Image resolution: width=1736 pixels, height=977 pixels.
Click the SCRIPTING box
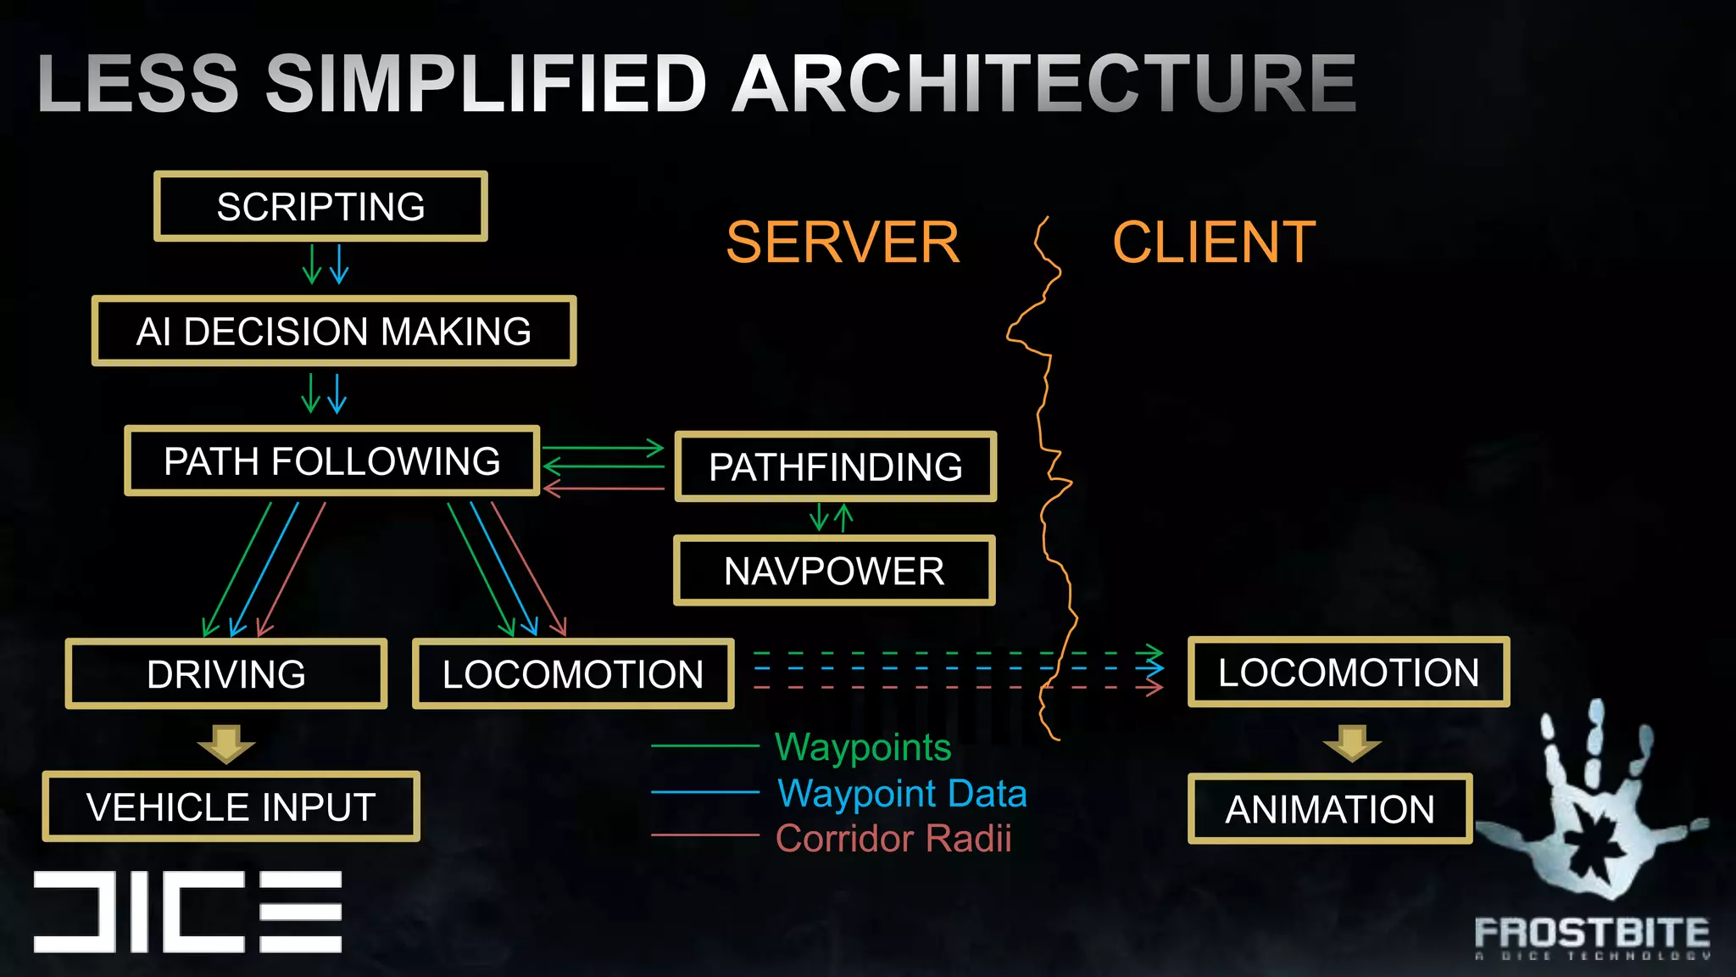coord(320,207)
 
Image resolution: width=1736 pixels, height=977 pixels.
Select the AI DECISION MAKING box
coord(334,332)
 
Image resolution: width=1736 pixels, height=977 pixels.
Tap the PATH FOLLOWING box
coord(331,461)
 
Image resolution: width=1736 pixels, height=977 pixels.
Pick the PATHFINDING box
coord(835,467)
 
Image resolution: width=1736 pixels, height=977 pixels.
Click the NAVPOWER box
coord(834,571)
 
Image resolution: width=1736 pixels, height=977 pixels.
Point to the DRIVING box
coord(226,674)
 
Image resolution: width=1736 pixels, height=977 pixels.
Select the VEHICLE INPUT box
coord(231,807)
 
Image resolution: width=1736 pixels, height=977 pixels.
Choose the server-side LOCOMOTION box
coord(573,674)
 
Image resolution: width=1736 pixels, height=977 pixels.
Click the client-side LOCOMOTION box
coord(1349,673)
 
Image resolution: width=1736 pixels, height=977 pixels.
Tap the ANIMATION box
coord(1329,809)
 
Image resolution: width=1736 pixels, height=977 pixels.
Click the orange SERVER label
coord(843,243)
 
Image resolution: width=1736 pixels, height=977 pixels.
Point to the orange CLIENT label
coord(1214,243)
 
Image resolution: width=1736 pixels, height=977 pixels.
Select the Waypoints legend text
coord(863,747)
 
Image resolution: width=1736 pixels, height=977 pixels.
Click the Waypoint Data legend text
coord(902,794)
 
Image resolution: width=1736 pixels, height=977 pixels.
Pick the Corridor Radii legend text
coord(893,839)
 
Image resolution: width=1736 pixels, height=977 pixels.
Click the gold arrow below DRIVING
coord(226,743)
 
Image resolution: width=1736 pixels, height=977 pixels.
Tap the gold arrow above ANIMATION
coord(1352,743)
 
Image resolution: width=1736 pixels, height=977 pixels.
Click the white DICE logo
coord(187,912)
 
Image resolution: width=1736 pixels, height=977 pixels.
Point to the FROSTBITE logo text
coord(1592,933)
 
